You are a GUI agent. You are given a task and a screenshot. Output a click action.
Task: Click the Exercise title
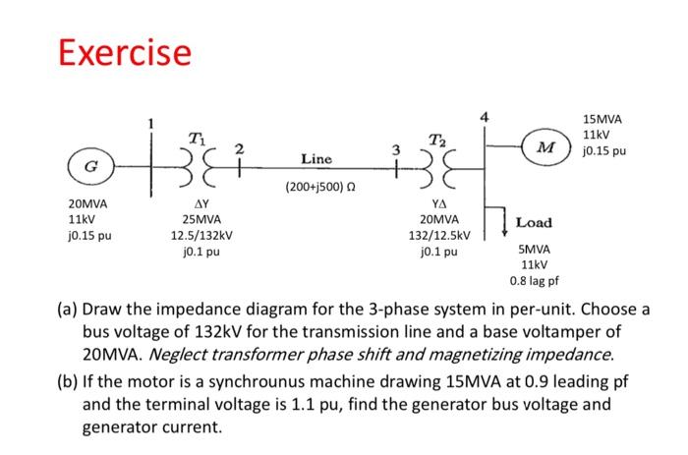[124, 51]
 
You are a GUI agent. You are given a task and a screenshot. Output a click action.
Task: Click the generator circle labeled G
[86, 165]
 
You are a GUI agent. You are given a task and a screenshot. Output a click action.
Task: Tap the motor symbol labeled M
[544, 147]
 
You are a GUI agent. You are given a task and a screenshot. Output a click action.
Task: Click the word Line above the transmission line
[315, 158]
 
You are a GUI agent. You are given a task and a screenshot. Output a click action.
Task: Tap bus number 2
[237, 148]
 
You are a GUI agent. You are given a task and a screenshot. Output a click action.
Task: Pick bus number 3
[396, 149]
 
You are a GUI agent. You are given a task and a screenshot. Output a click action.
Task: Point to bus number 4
[485, 119]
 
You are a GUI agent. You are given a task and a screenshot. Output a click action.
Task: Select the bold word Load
[534, 223]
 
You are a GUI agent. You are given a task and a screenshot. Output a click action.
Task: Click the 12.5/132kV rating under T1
[201, 236]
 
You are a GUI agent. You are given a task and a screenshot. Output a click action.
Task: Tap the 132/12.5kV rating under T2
[439, 236]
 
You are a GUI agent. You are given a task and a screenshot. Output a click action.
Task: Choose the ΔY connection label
[201, 203]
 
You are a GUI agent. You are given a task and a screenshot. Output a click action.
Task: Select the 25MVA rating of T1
[201, 220]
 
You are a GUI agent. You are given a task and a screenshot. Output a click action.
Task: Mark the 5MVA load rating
[535, 251]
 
